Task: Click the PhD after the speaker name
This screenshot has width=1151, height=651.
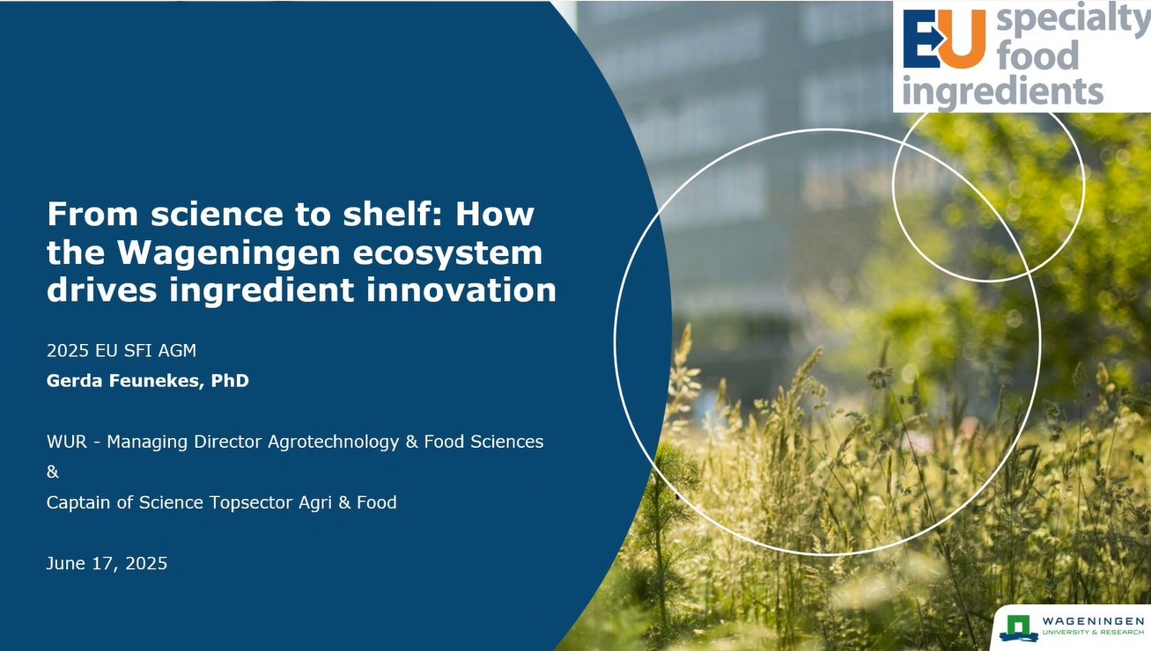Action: (x=230, y=381)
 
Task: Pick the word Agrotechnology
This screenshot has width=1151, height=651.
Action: (x=334, y=442)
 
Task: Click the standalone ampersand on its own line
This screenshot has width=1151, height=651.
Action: (x=53, y=472)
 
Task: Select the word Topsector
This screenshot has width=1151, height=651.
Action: (x=251, y=502)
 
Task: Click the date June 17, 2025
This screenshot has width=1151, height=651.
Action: (x=107, y=564)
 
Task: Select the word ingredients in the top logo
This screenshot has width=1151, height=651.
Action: (x=1002, y=91)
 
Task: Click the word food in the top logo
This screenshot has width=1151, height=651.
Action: (x=1037, y=55)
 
